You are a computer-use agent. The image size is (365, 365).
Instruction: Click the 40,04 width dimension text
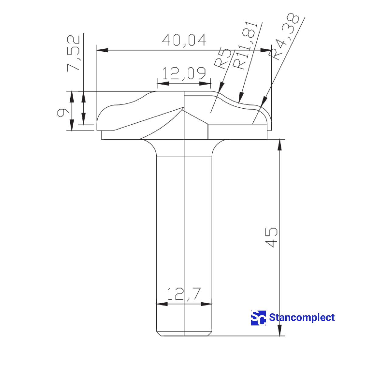(x=184, y=40)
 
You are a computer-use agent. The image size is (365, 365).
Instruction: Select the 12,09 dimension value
(x=184, y=73)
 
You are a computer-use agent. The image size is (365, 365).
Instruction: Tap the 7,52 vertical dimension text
(x=73, y=53)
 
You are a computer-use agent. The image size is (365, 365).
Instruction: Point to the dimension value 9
(x=62, y=113)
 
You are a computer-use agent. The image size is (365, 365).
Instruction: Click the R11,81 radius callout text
(x=245, y=46)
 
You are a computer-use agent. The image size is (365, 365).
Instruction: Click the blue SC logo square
(x=258, y=318)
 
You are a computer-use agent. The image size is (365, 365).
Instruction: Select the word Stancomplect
(x=302, y=318)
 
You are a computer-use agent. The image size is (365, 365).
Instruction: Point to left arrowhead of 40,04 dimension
(x=102, y=50)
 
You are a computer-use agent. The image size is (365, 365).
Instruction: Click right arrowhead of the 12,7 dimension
(x=207, y=304)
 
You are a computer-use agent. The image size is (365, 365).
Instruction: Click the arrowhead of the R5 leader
(x=221, y=87)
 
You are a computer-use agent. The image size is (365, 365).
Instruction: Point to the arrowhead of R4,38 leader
(x=264, y=102)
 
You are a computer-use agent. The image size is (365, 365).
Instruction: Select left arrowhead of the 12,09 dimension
(x=163, y=84)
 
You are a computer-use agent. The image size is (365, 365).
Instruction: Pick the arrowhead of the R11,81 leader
(x=241, y=97)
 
